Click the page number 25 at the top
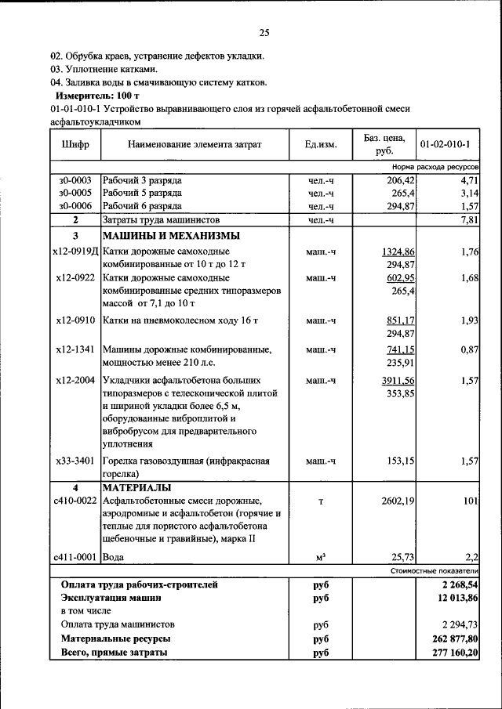click(x=264, y=32)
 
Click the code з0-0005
click(x=75, y=193)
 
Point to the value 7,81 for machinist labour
click(x=468, y=220)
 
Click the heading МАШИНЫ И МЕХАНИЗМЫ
click(x=170, y=236)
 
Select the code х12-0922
click(x=75, y=278)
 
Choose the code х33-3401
click(x=75, y=461)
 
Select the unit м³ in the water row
click(x=321, y=557)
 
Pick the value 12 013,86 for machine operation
click(x=451, y=598)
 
